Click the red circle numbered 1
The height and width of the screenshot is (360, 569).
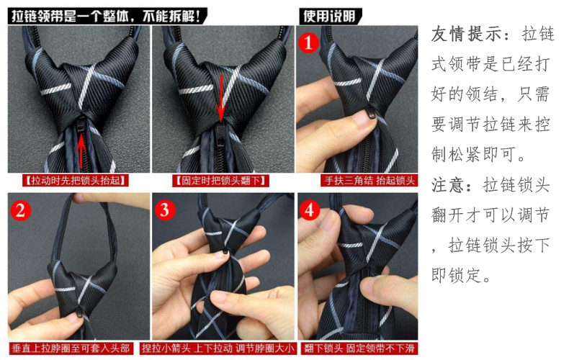click(308, 42)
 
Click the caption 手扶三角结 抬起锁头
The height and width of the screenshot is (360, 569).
click(369, 181)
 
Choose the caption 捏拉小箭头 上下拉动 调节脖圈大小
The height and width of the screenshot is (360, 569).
click(223, 348)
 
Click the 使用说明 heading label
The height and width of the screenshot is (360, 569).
click(327, 14)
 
